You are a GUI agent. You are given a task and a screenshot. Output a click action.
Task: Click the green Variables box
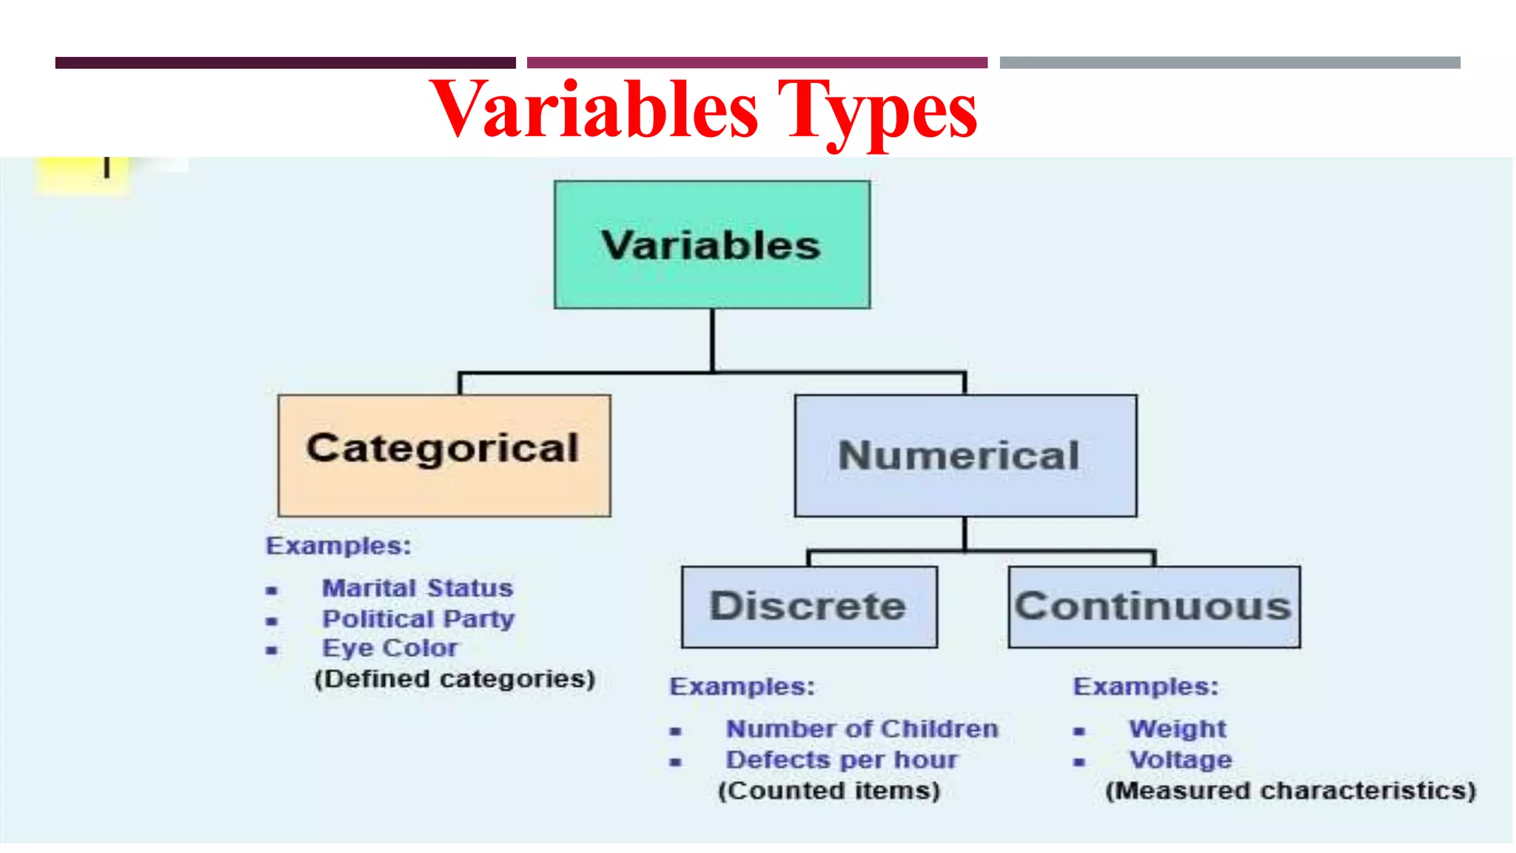click(711, 244)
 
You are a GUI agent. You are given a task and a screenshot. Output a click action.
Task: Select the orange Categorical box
click(443, 455)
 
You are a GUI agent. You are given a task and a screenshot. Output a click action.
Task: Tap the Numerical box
click(965, 455)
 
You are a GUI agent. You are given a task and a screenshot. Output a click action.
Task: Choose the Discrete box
click(808, 606)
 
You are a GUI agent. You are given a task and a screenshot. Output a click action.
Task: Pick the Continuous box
click(1153, 606)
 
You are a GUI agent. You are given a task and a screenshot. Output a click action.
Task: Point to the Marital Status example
click(417, 589)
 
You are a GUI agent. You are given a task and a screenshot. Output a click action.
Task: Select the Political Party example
click(418, 619)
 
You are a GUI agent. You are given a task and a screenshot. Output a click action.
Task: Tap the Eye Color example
click(389, 649)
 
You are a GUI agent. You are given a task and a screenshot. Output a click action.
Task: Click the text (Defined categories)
click(455, 679)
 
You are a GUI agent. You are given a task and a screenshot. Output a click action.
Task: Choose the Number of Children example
click(862, 729)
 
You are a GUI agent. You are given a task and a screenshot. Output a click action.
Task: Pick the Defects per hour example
click(842, 760)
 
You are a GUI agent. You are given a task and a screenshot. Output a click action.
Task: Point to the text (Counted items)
click(829, 791)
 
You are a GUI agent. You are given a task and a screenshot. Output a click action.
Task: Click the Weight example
click(1177, 729)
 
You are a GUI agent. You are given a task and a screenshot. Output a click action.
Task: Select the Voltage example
click(1181, 760)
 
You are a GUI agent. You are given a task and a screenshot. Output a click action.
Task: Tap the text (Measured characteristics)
click(1290, 791)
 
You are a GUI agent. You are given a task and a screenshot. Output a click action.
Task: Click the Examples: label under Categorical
click(338, 546)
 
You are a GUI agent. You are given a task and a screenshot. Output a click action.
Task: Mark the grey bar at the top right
click(1230, 63)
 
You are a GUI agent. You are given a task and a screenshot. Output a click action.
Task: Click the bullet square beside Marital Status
click(272, 591)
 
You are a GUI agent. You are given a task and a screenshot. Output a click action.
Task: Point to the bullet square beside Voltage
click(1079, 762)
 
